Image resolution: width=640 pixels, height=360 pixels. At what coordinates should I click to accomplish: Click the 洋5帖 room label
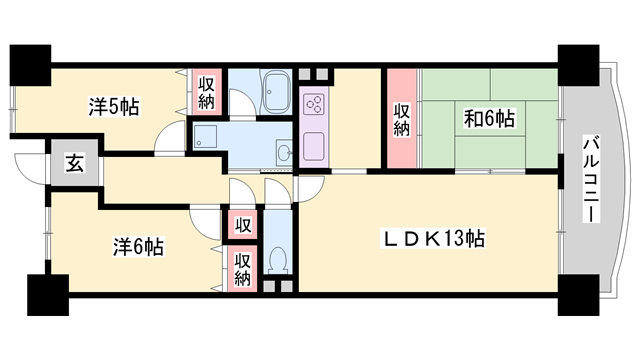[x=112, y=104]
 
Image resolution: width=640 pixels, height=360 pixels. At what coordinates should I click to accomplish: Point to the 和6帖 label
[x=489, y=119]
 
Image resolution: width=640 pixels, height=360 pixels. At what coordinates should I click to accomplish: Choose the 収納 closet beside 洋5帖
[x=206, y=91]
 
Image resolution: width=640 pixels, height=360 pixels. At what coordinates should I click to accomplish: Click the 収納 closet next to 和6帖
[x=401, y=119]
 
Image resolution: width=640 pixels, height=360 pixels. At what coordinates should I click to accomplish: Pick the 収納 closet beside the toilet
[x=243, y=267]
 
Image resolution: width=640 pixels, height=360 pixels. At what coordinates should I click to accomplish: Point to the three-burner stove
[x=314, y=102]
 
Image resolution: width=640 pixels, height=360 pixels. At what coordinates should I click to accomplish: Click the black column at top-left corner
[x=30, y=64]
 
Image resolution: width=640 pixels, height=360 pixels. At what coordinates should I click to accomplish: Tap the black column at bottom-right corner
[x=575, y=293]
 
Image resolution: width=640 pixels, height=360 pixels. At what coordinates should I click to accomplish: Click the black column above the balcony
[x=576, y=64]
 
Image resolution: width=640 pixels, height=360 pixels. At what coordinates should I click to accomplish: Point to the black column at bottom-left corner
[x=45, y=293]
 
